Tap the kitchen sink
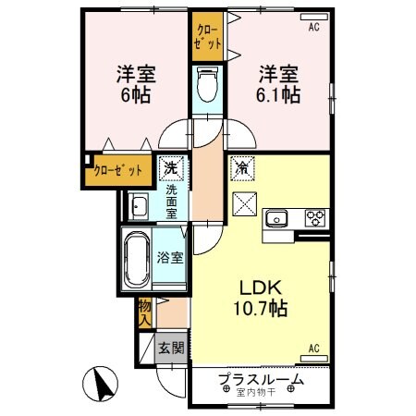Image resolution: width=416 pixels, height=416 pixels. pos(277,219)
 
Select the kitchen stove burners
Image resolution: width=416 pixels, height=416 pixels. pos(315,219)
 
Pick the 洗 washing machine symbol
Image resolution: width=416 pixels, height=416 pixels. pos(170,168)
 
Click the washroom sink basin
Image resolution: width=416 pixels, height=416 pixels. pos(140,205)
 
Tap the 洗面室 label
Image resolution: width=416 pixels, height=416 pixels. pos(171,201)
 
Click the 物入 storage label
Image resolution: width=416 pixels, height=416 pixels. pos(145,312)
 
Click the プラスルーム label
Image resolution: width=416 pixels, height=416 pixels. pos(260,380)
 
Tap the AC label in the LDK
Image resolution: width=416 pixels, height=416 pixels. pos(313,349)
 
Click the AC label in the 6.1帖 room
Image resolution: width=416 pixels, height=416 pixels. pos(313,28)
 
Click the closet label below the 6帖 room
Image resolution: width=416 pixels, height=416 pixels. pos(119,170)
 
